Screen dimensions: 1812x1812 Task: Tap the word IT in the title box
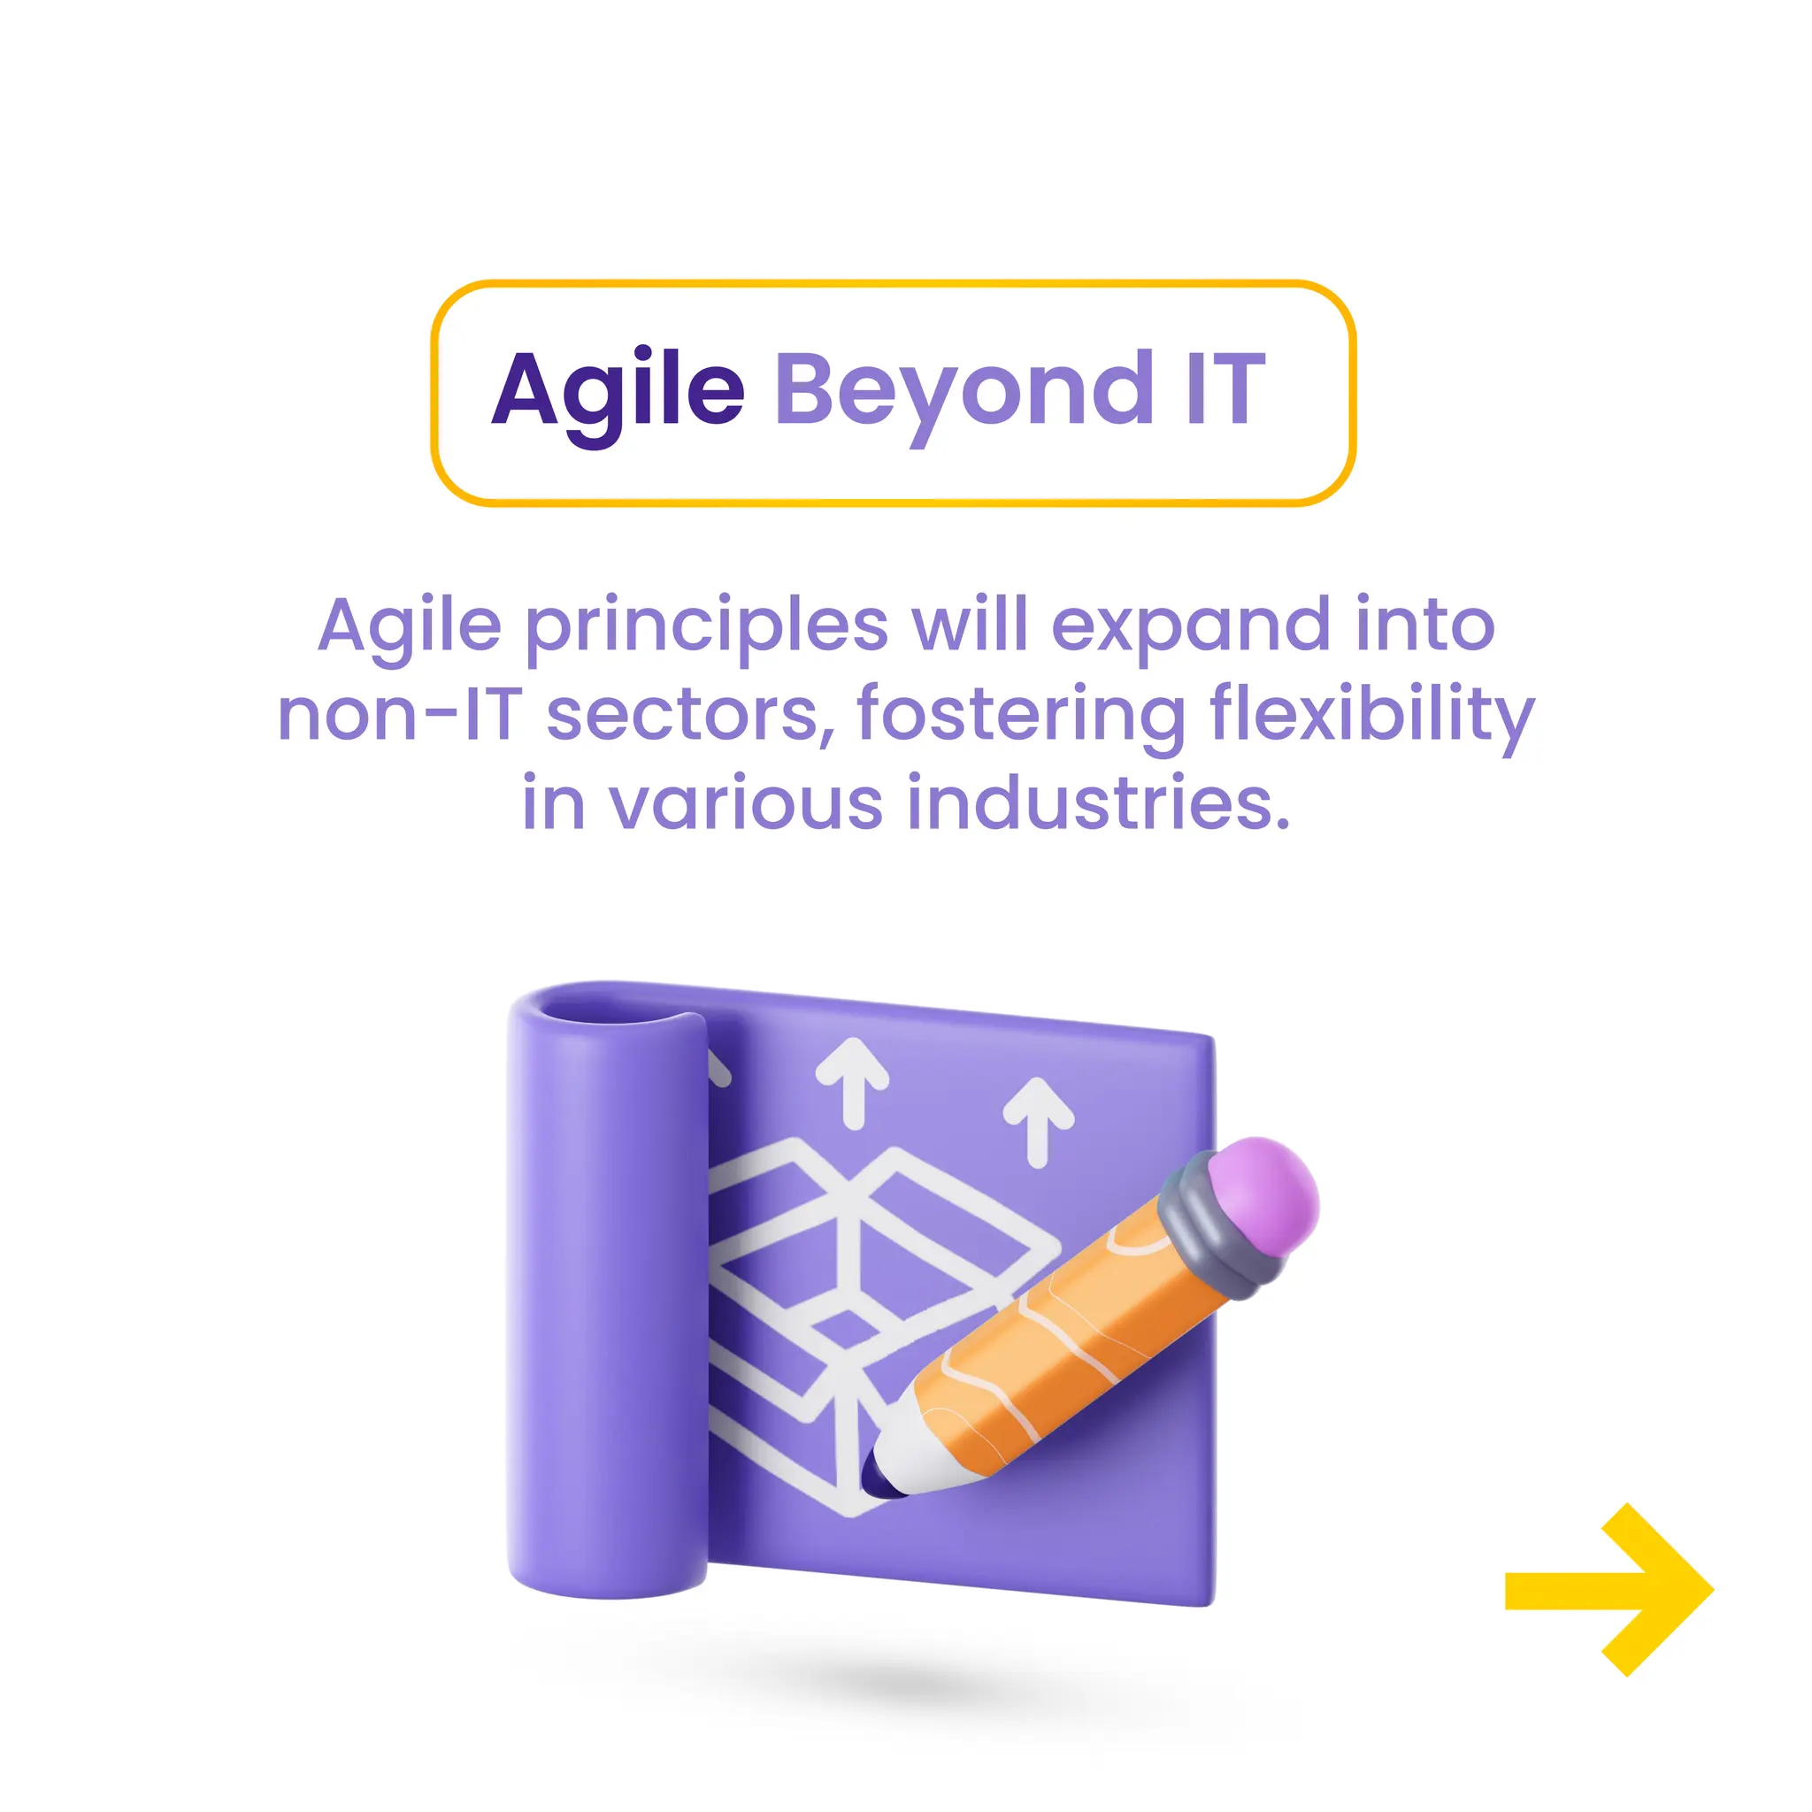[x=1224, y=388]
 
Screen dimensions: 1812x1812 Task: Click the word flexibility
[x=1371, y=716]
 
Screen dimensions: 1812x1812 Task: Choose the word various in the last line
[x=746, y=803]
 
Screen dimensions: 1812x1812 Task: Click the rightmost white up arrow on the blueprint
[x=1038, y=1121]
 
